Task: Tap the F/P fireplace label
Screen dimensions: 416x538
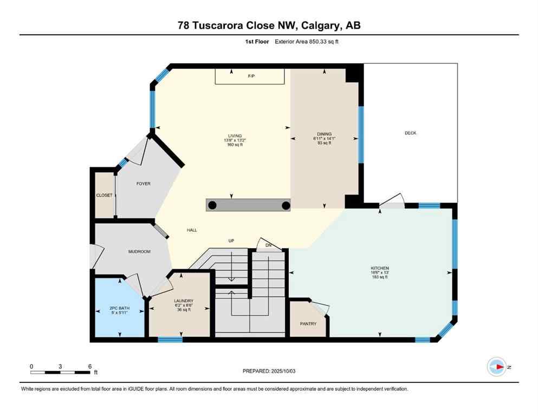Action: pos(251,76)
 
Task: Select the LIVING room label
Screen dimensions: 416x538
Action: pos(235,136)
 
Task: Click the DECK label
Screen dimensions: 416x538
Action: pos(410,133)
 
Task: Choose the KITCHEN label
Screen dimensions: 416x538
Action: pos(379,268)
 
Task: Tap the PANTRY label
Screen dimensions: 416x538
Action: pos(308,323)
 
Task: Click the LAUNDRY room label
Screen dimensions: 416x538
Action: pos(184,301)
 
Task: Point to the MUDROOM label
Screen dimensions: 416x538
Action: pos(139,251)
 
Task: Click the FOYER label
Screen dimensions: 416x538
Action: pos(143,184)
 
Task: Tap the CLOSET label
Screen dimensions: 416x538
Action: pos(104,195)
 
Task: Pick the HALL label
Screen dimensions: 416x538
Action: pos(192,230)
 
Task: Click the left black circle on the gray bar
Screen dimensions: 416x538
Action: pos(213,205)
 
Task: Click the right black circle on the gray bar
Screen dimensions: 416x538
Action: pos(286,205)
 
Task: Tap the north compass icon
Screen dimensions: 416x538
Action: pos(496,367)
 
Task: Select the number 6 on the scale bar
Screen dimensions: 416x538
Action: pos(89,366)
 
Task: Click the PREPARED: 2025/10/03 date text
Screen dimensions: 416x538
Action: pos(269,371)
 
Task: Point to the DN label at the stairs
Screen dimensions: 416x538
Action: pos(268,245)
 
